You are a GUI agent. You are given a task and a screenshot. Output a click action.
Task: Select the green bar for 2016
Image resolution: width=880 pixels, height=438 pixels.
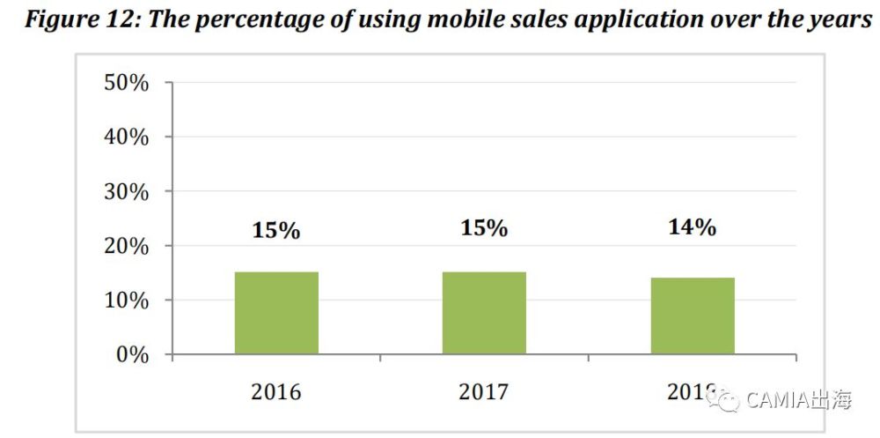(276, 313)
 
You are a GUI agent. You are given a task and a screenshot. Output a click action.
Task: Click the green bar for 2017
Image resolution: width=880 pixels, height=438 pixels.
(484, 313)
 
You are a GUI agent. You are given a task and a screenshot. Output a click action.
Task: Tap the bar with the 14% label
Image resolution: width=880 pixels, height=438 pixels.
(693, 316)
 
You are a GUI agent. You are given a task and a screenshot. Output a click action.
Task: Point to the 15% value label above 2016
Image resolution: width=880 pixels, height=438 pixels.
(275, 231)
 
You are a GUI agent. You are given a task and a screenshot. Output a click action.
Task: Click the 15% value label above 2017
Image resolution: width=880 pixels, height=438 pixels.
(484, 228)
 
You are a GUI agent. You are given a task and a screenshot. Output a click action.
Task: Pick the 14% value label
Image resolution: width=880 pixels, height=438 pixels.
(692, 226)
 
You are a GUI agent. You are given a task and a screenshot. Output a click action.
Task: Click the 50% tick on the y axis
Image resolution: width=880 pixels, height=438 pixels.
(127, 83)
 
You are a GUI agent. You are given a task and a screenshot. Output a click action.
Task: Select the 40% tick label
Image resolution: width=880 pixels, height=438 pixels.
(127, 137)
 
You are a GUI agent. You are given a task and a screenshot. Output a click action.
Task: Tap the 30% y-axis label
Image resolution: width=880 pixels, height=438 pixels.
(127, 192)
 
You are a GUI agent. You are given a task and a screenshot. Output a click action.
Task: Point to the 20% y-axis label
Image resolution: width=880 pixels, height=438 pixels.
(127, 247)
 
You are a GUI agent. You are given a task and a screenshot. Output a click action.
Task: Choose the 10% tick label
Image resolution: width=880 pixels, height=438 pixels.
(127, 301)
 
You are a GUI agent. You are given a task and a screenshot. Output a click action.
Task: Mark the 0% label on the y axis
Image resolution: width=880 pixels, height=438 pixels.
(133, 355)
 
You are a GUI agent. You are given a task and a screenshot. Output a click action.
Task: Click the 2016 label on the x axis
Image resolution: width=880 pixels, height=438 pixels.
(275, 391)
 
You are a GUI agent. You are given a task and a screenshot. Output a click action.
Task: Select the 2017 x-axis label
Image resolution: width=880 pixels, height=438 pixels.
(484, 391)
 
